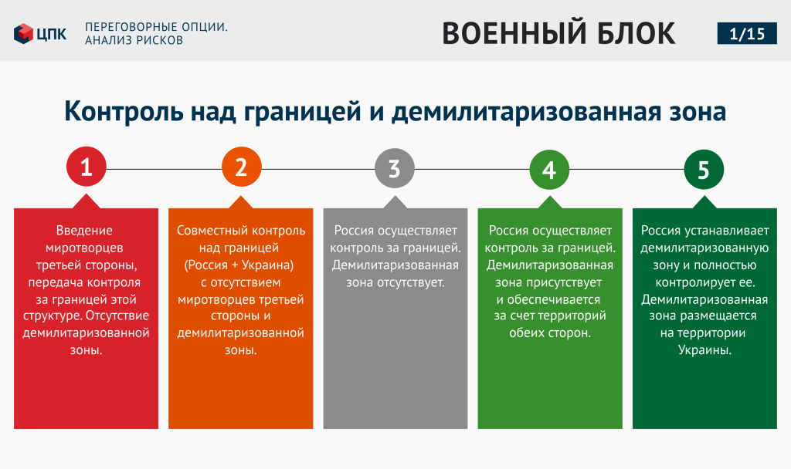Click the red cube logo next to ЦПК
click(x=23, y=34)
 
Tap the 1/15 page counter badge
click(x=747, y=34)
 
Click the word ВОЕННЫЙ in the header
click(x=514, y=33)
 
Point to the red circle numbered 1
click(x=87, y=167)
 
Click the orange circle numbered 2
click(x=241, y=167)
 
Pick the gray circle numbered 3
click(x=395, y=168)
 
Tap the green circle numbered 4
click(x=549, y=169)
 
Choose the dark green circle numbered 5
click(x=704, y=169)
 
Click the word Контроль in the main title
click(x=124, y=111)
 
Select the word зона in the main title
click(x=698, y=112)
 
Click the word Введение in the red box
click(x=84, y=231)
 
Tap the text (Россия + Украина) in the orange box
click(x=239, y=265)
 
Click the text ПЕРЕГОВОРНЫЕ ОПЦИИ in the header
click(x=156, y=27)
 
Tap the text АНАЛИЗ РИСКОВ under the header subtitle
click(x=134, y=40)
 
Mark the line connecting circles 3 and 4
click(x=472, y=169)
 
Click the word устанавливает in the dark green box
click(x=727, y=231)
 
